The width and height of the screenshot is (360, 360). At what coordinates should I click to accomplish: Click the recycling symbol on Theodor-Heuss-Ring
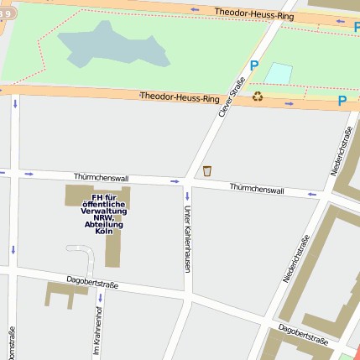[258, 97]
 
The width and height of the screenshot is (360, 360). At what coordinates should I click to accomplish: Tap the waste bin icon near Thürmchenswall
[206, 171]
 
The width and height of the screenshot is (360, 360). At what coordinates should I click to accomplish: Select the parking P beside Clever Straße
[253, 65]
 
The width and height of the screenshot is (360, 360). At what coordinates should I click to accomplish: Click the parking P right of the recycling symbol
[342, 101]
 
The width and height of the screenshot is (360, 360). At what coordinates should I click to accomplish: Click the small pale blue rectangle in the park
[278, 73]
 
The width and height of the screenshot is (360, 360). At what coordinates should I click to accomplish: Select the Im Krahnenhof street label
[97, 330]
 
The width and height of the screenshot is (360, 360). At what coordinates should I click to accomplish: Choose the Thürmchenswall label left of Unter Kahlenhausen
[101, 178]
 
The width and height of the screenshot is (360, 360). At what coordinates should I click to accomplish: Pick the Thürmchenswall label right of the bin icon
[256, 190]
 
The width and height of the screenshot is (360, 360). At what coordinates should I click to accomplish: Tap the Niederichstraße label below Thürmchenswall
[296, 259]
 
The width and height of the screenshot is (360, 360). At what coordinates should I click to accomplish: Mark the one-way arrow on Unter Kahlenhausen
[188, 196]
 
